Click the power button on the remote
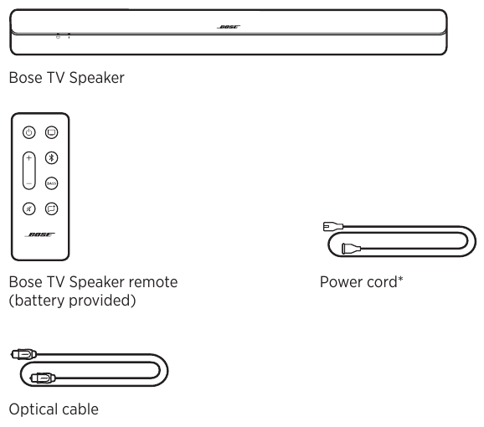[28, 132]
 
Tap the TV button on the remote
[51, 132]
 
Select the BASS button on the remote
[51, 183]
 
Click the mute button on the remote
[28, 208]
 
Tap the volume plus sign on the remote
[28, 157]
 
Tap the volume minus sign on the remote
[28, 181]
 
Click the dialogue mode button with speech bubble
[51, 208]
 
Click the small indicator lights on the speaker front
[63, 36]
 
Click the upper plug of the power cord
[332, 226]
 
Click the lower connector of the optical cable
[41, 378]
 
